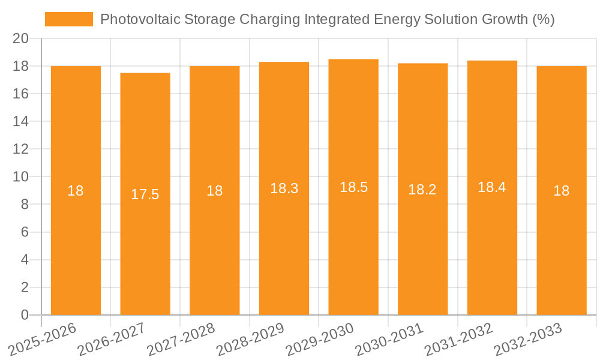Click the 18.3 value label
284,188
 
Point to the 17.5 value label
145,194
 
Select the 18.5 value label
353,187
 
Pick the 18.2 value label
422,190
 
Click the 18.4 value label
492,187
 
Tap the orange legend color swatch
69,19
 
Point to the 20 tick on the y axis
21,38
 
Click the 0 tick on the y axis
25,315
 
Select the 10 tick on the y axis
21,177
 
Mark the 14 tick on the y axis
21,121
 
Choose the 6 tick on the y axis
25,232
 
